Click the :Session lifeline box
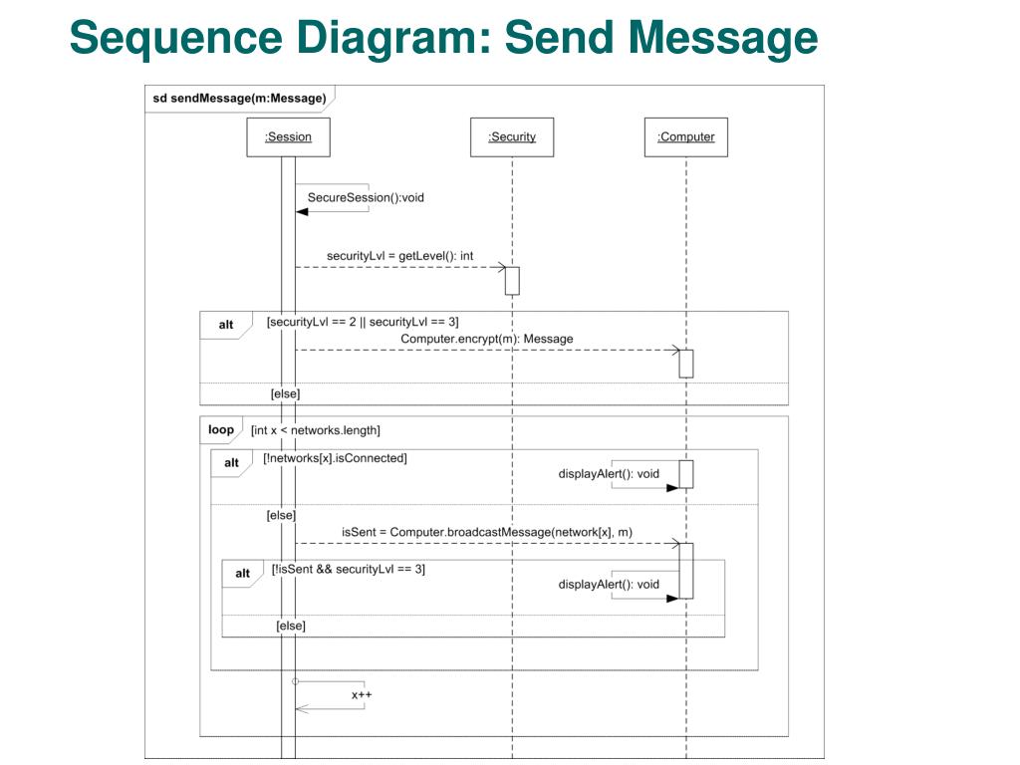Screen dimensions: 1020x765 click(288, 137)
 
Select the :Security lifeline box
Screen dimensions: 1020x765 click(512, 137)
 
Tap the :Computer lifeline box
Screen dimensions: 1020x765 click(686, 137)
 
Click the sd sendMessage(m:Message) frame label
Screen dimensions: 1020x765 click(239, 99)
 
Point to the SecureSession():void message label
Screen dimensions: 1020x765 click(366, 198)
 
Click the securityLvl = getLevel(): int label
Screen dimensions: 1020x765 click(400, 256)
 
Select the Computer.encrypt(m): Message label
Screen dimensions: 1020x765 click(486, 339)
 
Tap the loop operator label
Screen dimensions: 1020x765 click(221, 429)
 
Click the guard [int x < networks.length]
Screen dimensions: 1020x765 click(316, 430)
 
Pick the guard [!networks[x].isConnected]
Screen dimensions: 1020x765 click(335, 458)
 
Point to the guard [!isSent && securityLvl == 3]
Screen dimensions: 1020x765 click(348, 569)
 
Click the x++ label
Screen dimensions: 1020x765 click(362, 694)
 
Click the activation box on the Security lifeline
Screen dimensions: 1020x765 click(513, 281)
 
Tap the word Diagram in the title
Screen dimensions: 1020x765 click(393, 38)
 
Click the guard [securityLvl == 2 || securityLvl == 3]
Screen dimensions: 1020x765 click(363, 322)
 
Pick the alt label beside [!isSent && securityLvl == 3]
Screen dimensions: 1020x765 click(243, 573)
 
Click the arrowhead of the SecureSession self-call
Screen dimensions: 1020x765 click(302, 212)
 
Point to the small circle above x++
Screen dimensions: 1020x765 click(295, 681)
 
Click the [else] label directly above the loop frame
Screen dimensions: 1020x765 click(286, 393)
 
